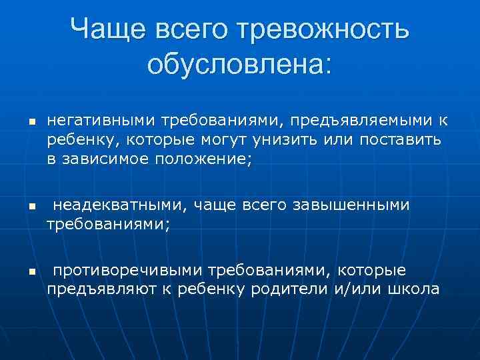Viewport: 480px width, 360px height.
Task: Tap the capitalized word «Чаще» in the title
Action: (107, 29)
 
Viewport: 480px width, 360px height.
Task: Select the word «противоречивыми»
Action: (127, 271)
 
